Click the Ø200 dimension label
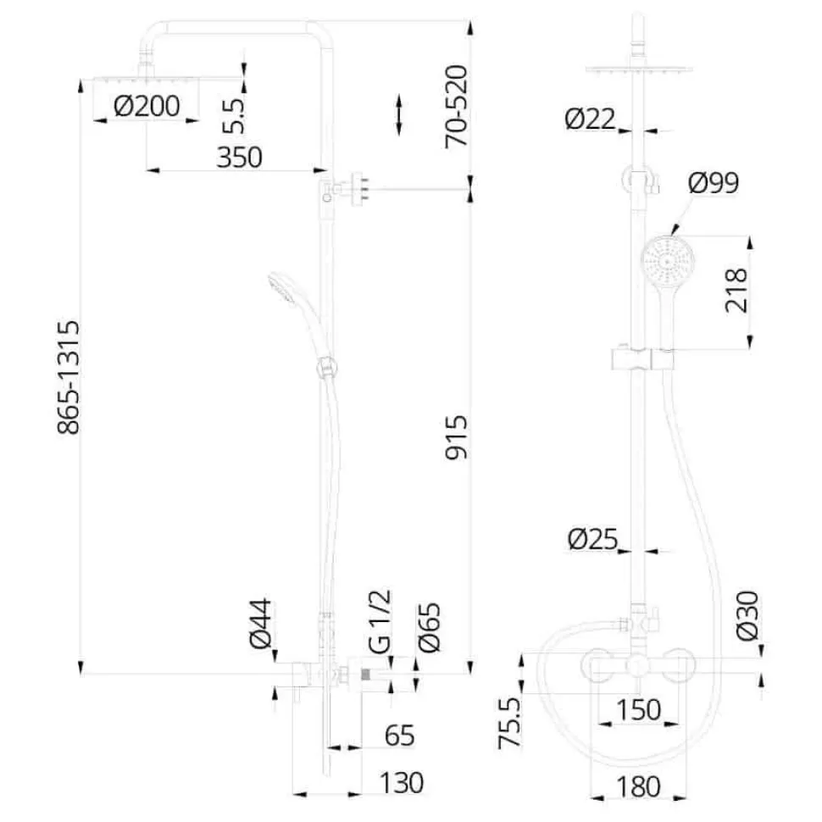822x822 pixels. click(x=147, y=106)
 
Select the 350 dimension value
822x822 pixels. click(x=239, y=157)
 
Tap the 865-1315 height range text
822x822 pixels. click(x=69, y=377)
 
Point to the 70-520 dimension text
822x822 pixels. click(x=456, y=106)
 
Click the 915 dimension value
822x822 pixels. click(x=456, y=437)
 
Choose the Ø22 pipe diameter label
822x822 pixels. click(x=591, y=119)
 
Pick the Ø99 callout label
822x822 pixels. click(x=714, y=182)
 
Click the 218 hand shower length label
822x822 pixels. click(x=736, y=290)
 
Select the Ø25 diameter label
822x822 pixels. click(x=593, y=539)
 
